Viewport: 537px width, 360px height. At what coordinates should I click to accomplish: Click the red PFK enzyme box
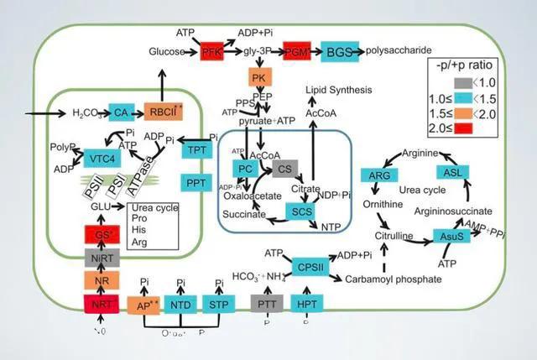(213, 52)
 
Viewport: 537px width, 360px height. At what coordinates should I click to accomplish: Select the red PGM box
(297, 52)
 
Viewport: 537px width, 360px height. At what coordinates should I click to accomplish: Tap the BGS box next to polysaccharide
(339, 52)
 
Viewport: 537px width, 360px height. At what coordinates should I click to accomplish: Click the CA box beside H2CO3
(121, 112)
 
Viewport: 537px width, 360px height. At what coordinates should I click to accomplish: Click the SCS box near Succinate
(302, 211)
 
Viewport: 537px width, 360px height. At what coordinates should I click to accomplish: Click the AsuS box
(452, 237)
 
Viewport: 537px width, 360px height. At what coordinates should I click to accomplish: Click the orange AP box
(144, 305)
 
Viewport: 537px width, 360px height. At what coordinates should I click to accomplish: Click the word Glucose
(167, 52)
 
